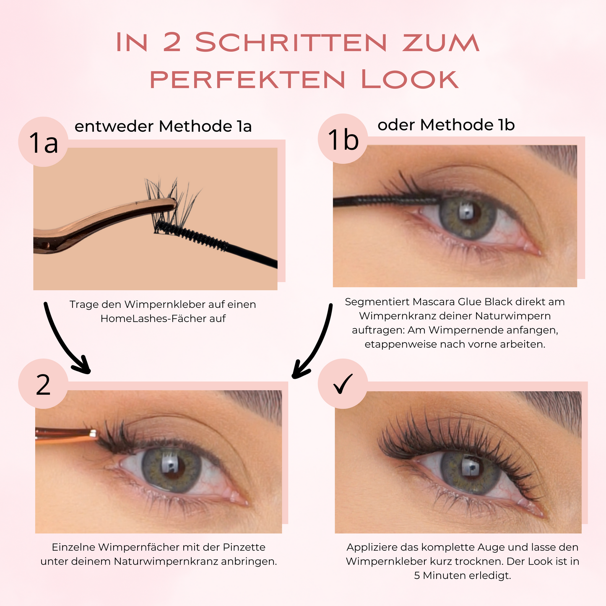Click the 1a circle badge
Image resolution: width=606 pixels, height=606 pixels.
coord(43,142)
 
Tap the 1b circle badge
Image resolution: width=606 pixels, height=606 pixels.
coord(343,139)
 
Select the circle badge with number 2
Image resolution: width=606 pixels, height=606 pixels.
coord(43,384)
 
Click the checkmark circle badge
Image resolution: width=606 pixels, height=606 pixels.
coord(343,384)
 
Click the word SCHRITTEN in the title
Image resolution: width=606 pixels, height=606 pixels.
coord(291,42)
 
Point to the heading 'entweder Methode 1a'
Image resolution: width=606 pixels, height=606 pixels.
coord(163,126)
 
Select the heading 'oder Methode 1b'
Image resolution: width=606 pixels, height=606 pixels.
coord(446,125)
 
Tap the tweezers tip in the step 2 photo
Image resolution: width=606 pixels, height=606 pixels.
coord(93,434)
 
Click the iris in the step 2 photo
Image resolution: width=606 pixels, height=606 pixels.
coord(172,471)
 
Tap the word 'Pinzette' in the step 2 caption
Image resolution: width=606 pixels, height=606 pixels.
coord(244,547)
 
